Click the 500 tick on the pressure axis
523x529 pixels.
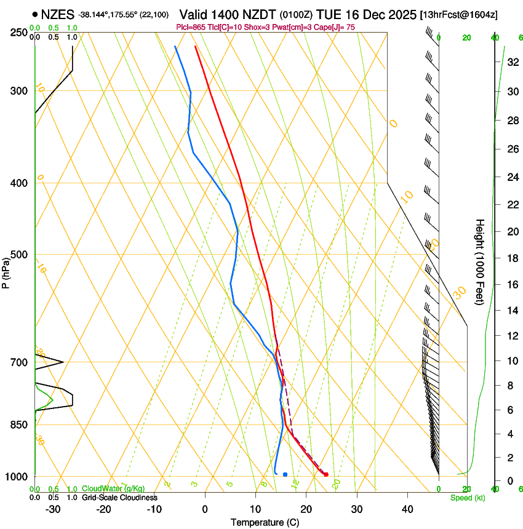pos(18,255)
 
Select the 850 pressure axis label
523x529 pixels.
pos(18,425)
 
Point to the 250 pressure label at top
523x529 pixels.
pos(18,33)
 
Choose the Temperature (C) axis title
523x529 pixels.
pos(265,523)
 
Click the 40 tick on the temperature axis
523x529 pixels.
pos(407,509)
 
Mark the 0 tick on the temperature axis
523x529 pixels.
pos(205,509)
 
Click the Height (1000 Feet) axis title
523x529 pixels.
pos(480,261)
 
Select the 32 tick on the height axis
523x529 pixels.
pos(513,62)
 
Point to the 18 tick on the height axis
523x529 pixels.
pos(513,258)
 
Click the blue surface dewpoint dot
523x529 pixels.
pos(285,474)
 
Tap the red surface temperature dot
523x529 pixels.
pos(326,474)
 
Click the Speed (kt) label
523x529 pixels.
pos(467,498)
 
